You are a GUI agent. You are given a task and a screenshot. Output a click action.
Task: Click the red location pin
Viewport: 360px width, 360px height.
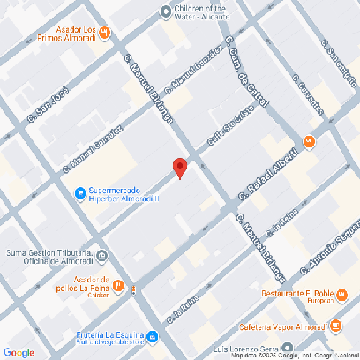coord(179,168)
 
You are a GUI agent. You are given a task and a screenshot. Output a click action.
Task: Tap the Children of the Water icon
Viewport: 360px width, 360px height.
coord(164,11)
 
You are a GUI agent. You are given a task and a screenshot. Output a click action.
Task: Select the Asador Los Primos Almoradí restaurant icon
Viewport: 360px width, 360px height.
coord(104,34)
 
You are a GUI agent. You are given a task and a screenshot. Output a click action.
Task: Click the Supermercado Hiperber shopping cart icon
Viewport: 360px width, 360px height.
coord(79,192)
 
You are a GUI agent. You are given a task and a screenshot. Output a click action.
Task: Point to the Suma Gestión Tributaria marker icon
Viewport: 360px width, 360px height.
coord(103,258)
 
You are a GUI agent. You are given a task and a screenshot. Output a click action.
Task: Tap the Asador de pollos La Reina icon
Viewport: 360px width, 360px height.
coord(131,289)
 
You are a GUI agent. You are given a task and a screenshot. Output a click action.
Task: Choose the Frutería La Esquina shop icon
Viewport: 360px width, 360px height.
coord(153,336)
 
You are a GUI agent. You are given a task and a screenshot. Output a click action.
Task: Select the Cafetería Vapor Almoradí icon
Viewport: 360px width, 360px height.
coord(338,326)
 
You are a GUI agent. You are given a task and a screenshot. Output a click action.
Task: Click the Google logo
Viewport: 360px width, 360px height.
coord(18,352)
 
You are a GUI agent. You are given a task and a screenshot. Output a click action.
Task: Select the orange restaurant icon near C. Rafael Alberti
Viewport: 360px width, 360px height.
coord(309,141)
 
